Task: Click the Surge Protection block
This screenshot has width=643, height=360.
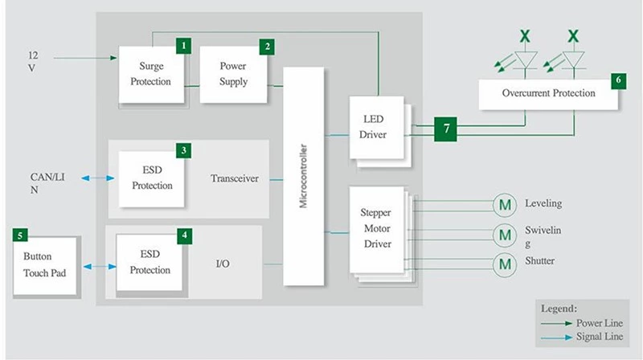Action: (x=151, y=74)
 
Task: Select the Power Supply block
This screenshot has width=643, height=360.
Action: (x=233, y=74)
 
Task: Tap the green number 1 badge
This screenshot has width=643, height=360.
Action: (x=186, y=46)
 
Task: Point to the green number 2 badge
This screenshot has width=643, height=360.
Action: (x=265, y=46)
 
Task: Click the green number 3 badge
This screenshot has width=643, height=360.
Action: (x=186, y=150)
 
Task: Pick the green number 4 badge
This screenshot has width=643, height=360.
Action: (x=186, y=235)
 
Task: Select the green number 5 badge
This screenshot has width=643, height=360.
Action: (x=21, y=235)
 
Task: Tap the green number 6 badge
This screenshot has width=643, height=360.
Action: (x=617, y=80)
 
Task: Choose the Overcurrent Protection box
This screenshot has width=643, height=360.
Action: (x=549, y=93)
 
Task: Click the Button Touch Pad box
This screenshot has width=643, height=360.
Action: (x=45, y=265)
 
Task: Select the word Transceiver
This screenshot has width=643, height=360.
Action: (x=234, y=178)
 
